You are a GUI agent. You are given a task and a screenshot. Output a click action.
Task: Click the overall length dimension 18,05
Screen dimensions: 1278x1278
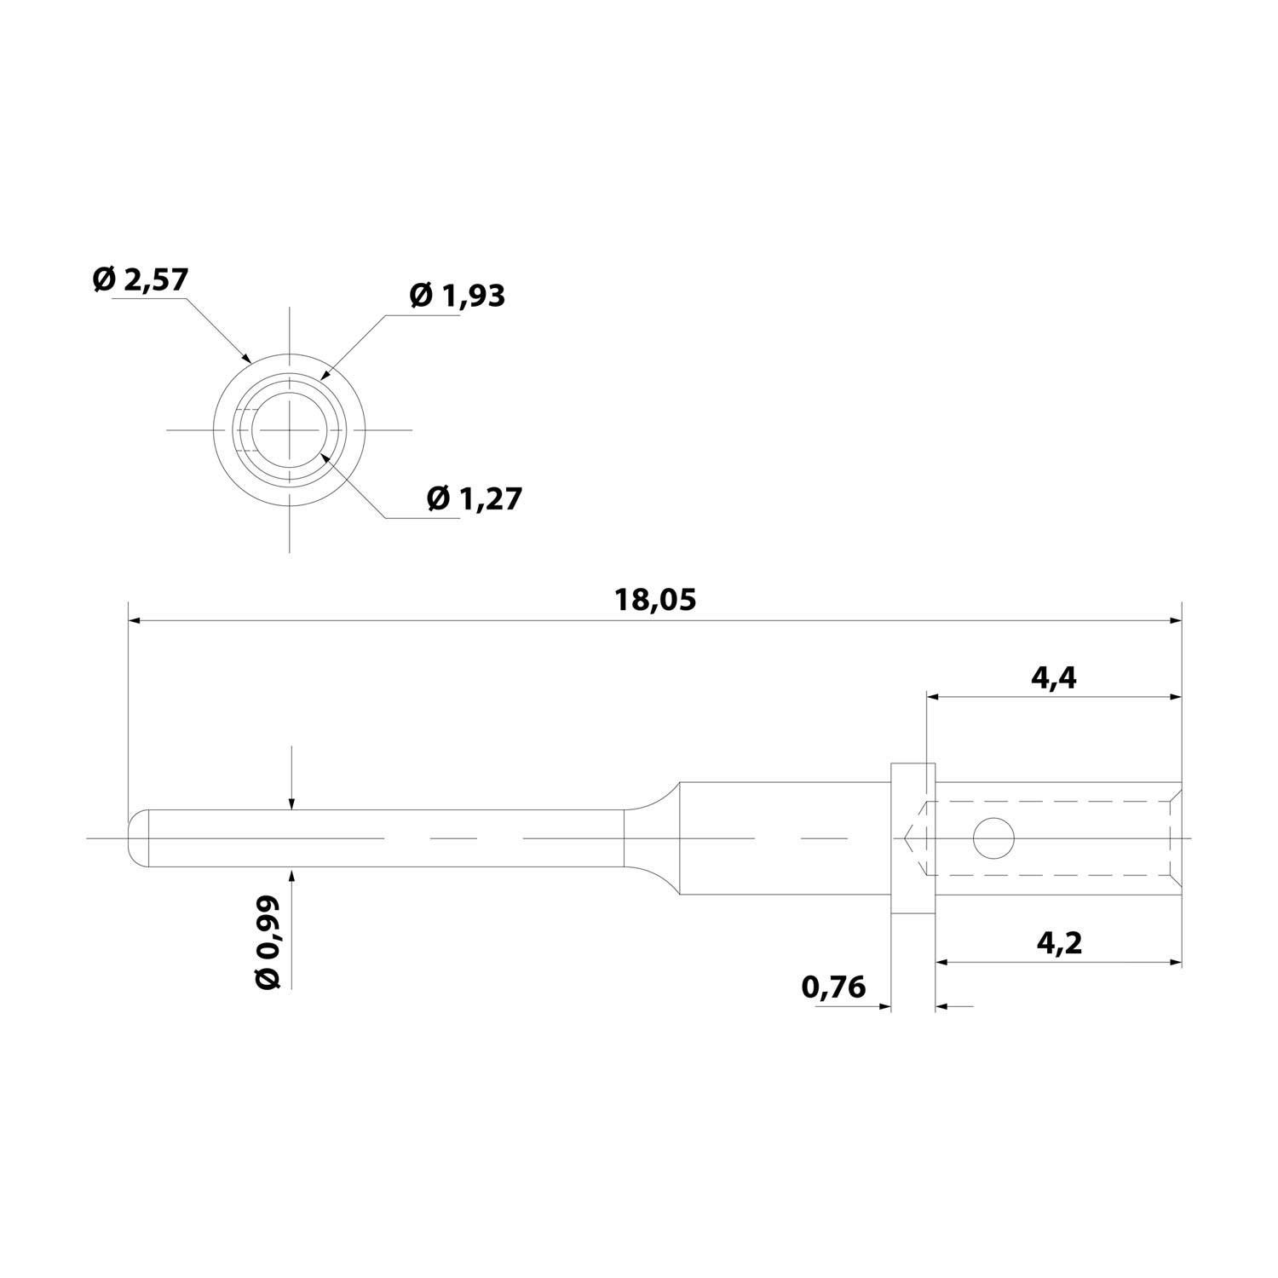tap(655, 600)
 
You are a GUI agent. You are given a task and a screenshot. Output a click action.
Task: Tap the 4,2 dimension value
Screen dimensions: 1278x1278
tap(1059, 943)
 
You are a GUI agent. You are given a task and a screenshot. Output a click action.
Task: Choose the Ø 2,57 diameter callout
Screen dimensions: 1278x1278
tap(140, 279)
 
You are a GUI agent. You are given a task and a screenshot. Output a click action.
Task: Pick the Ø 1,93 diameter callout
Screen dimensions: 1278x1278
tap(457, 295)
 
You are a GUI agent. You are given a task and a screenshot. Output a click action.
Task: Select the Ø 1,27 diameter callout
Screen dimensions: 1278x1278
tap(474, 498)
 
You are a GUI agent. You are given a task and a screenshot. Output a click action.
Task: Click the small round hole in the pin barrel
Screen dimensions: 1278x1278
tap(993, 838)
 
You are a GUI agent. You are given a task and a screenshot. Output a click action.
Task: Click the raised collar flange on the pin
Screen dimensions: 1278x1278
tap(913, 838)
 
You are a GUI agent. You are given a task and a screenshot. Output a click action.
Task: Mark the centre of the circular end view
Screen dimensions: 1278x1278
tap(290, 429)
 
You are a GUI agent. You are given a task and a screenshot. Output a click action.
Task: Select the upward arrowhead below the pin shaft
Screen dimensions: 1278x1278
tap(291, 874)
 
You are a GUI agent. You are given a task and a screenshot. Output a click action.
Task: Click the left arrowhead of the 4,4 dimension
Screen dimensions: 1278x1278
tap(932, 698)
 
